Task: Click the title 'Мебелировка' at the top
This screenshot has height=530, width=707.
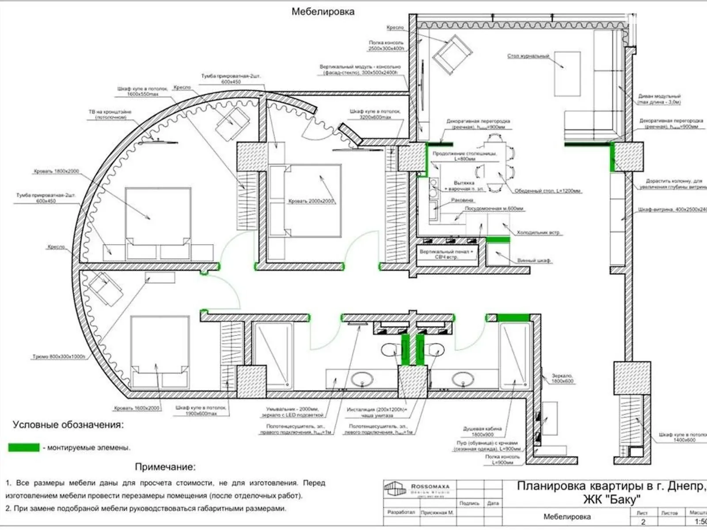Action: tap(323, 11)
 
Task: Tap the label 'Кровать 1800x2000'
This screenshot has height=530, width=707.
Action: tap(56, 171)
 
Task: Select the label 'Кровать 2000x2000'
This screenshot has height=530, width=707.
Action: tap(311, 201)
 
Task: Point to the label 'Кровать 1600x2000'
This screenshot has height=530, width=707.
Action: tap(137, 408)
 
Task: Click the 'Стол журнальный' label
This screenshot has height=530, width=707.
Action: tap(528, 56)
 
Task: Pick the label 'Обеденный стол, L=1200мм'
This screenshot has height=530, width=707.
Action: tap(547, 191)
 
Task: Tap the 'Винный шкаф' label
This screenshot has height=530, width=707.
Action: tap(534, 261)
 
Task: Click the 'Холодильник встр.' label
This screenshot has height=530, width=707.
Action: tap(539, 232)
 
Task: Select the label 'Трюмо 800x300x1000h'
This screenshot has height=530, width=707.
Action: tap(59, 356)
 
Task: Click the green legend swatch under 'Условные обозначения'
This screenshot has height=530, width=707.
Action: tap(24, 447)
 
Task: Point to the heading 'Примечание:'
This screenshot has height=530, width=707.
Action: tap(165, 467)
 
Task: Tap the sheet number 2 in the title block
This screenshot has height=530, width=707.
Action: tap(643, 522)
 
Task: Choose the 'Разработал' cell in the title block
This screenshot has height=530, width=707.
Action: tap(401, 512)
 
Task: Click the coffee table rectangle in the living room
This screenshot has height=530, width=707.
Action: tap(567, 73)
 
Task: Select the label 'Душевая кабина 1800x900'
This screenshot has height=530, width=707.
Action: tap(482, 431)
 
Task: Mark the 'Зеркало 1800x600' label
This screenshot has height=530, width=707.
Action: tap(562, 379)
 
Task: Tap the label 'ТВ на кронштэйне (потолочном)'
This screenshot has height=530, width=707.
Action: tap(110, 114)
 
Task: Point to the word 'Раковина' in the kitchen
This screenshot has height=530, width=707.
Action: tap(462, 200)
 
